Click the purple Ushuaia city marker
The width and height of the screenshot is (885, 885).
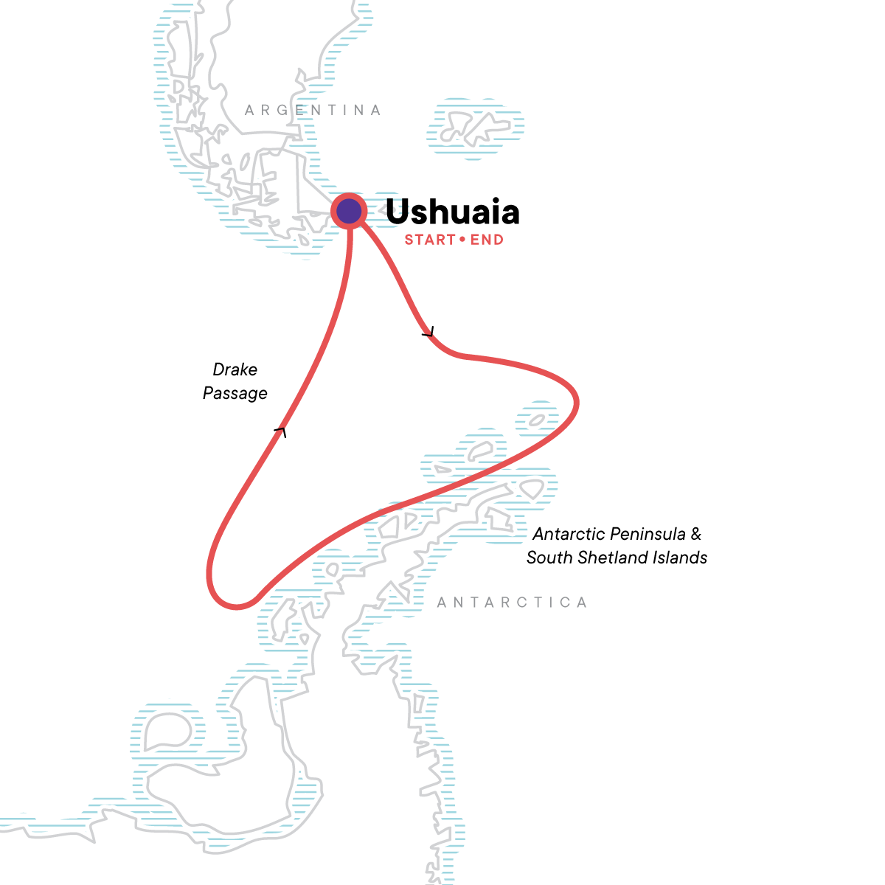[349, 212]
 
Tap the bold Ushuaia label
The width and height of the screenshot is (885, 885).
[452, 212]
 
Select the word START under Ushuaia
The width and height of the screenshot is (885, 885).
[429, 240]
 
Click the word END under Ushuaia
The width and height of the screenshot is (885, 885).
[487, 240]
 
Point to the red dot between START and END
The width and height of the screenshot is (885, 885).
[463, 240]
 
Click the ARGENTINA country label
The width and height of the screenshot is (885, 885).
[313, 111]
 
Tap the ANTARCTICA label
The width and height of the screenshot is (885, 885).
[512, 603]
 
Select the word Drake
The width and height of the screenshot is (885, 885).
[235, 369]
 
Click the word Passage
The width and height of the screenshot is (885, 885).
[235, 393]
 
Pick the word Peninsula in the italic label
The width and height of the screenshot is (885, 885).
[649, 534]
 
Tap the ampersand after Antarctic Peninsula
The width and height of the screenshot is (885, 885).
[695, 534]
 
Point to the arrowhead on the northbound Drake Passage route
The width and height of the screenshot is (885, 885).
[280, 431]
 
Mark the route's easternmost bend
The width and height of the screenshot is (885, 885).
[576, 403]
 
